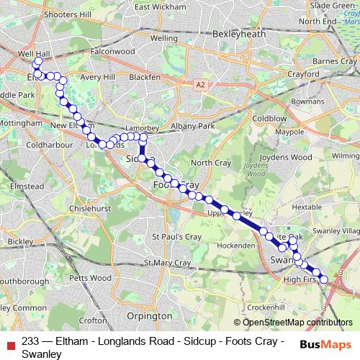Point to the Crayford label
[302, 74]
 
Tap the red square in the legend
[11, 342]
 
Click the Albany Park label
[194, 126]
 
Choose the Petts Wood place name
[91, 277]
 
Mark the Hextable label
[307, 206]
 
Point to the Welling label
[164, 37]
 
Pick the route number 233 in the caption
[31, 342]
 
